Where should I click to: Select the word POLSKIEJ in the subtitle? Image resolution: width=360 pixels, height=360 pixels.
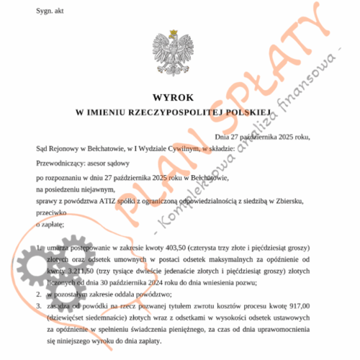point(244,112)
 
